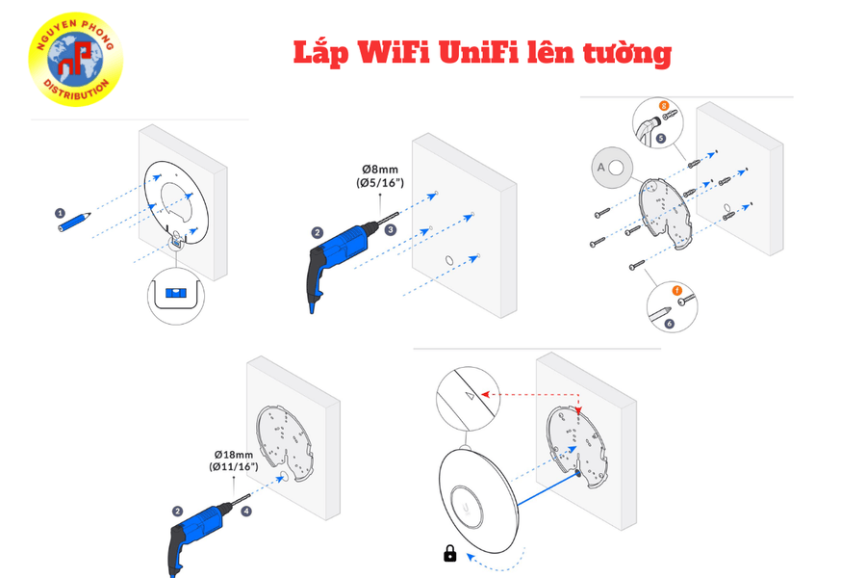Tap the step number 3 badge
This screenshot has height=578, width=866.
tap(390, 230)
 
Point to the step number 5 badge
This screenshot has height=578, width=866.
tap(660, 139)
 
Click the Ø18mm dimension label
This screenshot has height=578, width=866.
tap(234, 455)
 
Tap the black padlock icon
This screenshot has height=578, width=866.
tap(449, 553)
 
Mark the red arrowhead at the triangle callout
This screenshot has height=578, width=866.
tap(485, 393)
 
